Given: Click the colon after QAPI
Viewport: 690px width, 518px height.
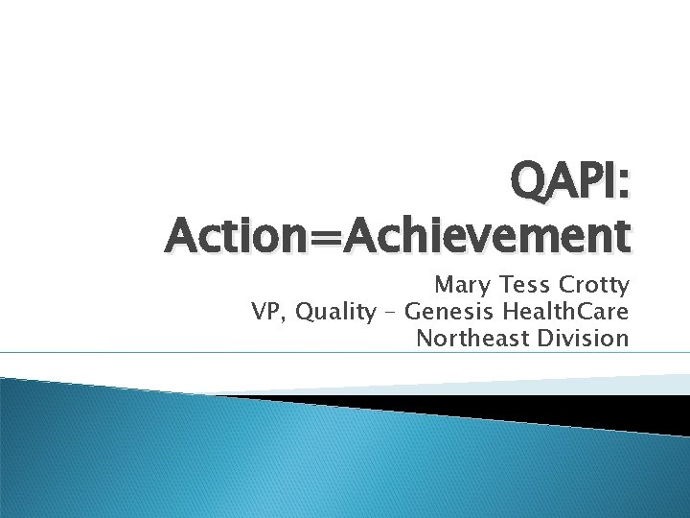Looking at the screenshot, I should (624, 182).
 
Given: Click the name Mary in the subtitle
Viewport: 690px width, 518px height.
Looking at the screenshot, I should (459, 285).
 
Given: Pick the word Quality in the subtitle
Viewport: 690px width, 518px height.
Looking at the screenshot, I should (336, 313).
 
